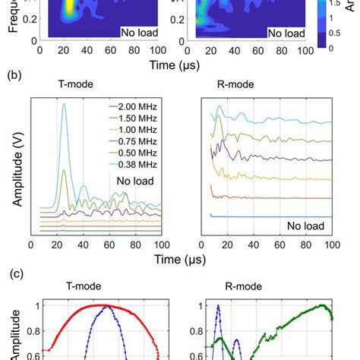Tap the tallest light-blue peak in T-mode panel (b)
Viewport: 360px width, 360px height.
[x=64, y=106]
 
